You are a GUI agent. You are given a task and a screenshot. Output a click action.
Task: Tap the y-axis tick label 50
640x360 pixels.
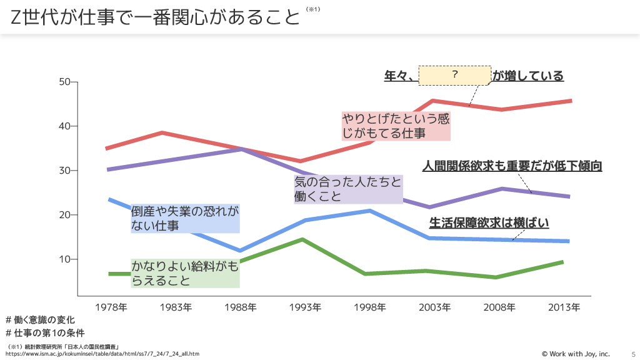[64, 82]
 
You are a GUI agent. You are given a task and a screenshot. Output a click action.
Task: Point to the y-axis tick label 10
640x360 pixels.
[64, 259]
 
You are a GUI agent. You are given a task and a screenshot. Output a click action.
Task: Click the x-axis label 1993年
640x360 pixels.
[305, 307]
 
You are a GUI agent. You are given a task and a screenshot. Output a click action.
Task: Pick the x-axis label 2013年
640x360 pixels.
[564, 307]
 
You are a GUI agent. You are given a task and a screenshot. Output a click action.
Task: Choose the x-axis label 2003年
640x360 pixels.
[434, 307]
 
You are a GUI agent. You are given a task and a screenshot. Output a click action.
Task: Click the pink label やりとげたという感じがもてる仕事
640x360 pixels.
[396, 126]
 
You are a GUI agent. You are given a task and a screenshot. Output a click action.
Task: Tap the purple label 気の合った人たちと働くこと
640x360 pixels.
[347, 189]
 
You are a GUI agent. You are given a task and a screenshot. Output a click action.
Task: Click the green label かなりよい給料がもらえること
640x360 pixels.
[185, 273]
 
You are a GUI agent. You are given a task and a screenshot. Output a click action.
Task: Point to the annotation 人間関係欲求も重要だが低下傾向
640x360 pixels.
[512, 166]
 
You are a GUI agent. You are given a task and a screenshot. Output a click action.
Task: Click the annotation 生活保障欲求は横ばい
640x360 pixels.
[489, 222]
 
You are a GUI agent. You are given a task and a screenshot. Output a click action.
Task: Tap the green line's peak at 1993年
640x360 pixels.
[302, 239]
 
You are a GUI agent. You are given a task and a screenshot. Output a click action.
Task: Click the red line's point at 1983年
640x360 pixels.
[162, 132]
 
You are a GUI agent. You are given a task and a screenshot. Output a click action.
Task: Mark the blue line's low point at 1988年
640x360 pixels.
[239, 251]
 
